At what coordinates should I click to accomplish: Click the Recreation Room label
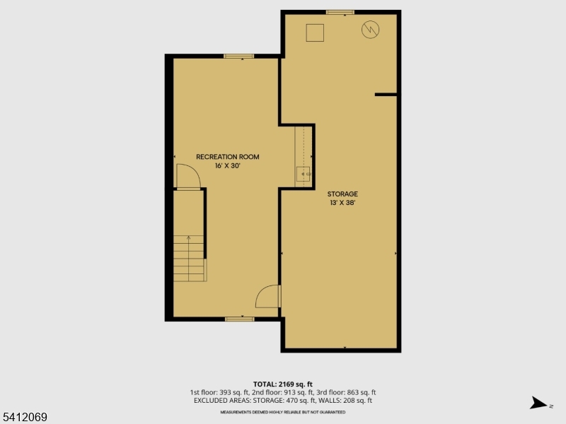(227, 156)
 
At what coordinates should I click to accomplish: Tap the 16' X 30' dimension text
(227, 165)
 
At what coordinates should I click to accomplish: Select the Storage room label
(342, 194)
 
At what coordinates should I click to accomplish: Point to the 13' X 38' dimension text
(342, 203)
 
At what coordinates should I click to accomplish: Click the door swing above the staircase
(187, 177)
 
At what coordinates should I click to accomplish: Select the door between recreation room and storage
(269, 296)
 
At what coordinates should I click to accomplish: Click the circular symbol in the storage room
(369, 30)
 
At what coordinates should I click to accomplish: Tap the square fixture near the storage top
(315, 33)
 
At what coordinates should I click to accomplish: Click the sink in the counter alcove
(304, 173)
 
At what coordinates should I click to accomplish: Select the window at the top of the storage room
(340, 12)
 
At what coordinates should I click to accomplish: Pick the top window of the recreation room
(239, 56)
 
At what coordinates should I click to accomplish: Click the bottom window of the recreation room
(240, 319)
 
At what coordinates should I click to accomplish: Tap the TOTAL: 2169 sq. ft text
(282, 384)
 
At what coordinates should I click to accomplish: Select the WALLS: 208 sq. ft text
(347, 401)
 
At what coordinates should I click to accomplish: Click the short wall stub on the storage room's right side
(386, 94)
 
